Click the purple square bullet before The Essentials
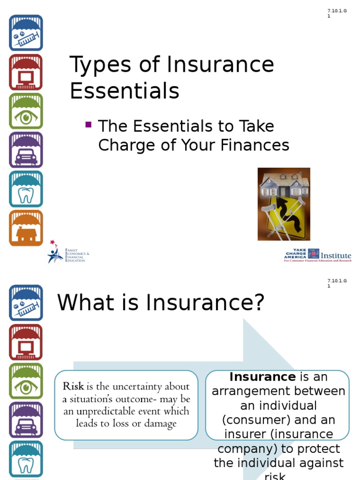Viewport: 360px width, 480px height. pyautogui.click(x=88, y=125)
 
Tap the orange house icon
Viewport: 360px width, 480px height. pyautogui.click(x=26, y=228)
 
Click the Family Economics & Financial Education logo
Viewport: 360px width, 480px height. pyautogui.click(x=68, y=253)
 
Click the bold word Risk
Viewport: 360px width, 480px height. pyautogui.click(x=73, y=387)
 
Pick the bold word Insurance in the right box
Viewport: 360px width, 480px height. pyautogui.click(x=262, y=377)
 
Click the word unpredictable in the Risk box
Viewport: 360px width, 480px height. pyautogui.click(x=106, y=412)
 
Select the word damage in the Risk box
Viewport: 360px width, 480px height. pyautogui.click(x=161, y=424)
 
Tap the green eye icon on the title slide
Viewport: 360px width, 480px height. pyautogui.click(x=26, y=111)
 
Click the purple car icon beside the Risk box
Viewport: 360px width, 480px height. pyautogui.click(x=26, y=420)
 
